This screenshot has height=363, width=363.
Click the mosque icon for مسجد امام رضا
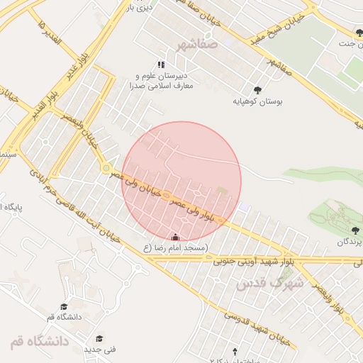175,237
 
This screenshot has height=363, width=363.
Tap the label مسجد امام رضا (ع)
175,248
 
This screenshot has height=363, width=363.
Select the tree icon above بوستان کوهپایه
257,90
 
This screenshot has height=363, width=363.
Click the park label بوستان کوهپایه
258,102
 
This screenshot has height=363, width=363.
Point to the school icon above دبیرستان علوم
162,65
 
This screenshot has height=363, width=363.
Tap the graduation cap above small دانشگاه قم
64,306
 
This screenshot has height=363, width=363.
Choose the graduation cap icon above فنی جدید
100,338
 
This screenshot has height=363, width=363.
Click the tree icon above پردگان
354,230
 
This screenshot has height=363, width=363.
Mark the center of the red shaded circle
182,181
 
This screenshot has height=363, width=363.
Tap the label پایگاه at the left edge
11,207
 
